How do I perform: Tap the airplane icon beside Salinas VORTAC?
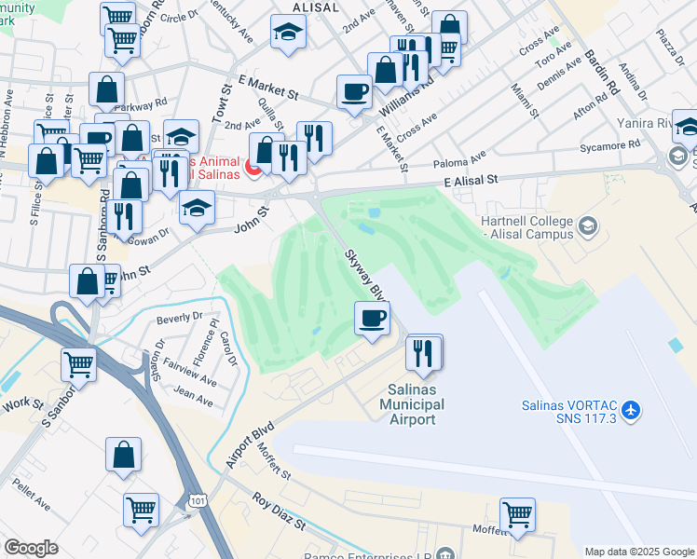click(x=633, y=410)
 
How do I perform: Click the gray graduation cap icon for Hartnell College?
click(x=588, y=225)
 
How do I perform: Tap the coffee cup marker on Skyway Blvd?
click(x=373, y=320)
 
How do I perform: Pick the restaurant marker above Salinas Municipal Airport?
click(x=423, y=352)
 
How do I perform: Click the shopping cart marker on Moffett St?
click(x=518, y=514)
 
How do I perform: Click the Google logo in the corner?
click(x=31, y=548)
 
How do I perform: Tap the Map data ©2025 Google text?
click(x=638, y=552)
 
